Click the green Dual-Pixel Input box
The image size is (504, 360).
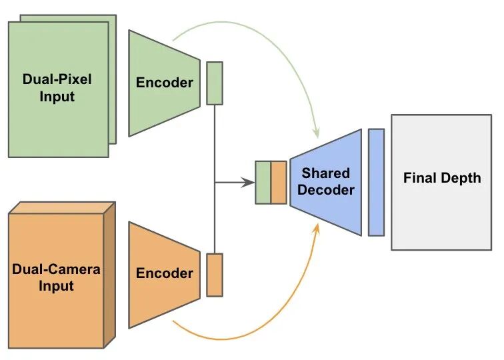point(58,120)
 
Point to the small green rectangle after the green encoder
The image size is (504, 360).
point(215,83)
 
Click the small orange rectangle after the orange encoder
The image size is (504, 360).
point(215,274)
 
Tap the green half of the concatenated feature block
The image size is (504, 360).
point(263,182)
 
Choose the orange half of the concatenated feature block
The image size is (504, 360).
point(279,182)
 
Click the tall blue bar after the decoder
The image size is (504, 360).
point(377,182)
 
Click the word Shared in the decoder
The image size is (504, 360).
point(325,173)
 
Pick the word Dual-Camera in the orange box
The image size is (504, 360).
point(57,269)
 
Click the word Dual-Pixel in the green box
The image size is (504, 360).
point(57,79)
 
